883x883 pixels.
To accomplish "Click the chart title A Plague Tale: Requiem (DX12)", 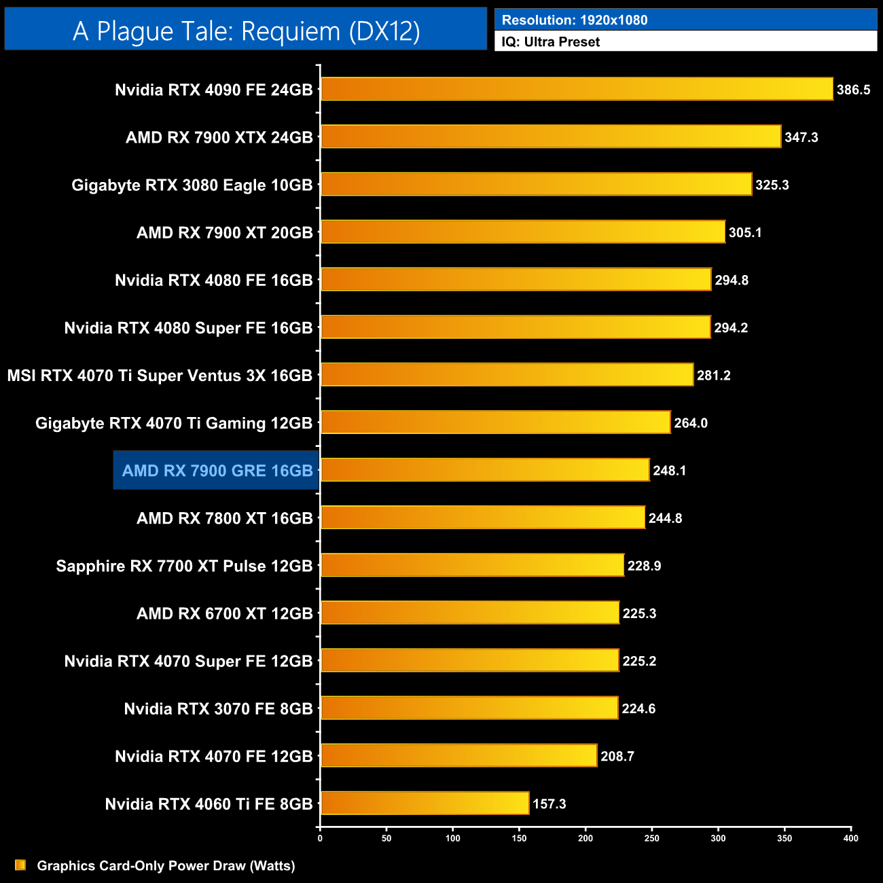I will [246, 31].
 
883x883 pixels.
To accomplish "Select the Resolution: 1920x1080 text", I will [574, 20].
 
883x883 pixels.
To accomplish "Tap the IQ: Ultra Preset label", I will [550, 41].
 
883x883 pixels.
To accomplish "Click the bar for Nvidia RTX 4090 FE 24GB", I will [576, 89].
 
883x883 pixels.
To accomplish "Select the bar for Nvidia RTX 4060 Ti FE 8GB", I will [425, 803].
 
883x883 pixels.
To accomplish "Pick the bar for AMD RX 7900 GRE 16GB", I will [485, 469].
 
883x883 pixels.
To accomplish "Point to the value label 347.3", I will [801, 137].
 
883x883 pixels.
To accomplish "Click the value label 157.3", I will [549, 804].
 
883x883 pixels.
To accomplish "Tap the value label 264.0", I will [690, 422].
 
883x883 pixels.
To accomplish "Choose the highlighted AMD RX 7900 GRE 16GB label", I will [217, 470].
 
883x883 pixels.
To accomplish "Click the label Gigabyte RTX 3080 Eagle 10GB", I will [192, 185].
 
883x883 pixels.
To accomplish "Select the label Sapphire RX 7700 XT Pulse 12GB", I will [184, 566].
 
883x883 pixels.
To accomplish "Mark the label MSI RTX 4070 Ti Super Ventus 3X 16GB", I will [160, 375].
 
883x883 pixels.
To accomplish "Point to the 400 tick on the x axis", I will [850, 838].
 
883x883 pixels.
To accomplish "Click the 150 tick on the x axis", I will [520, 838].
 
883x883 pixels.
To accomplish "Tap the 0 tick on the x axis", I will [320, 838].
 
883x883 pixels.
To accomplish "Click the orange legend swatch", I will [20, 865].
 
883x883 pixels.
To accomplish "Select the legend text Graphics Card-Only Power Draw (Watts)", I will [166, 865].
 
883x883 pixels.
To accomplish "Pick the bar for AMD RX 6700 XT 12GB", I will [469, 613].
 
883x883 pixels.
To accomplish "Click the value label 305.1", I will [744, 232].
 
